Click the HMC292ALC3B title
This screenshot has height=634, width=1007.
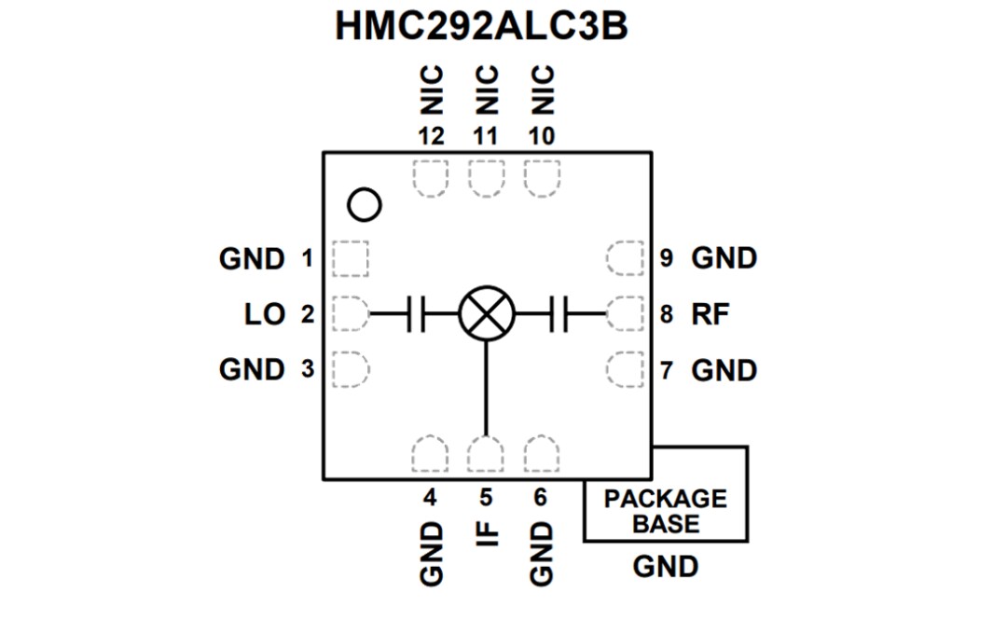[x=481, y=27]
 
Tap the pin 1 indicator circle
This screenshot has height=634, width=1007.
[x=365, y=205]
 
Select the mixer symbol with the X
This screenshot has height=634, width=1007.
[x=486, y=314]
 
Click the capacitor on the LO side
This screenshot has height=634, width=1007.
[x=417, y=314]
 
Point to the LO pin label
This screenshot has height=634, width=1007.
[x=264, y=315]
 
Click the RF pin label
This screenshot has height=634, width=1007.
[x=710, y=314]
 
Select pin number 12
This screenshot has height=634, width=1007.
[x=431, y=136]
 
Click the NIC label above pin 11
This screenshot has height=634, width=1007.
[x=487, y=89]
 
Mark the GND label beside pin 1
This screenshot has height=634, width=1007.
[x=252, y=259]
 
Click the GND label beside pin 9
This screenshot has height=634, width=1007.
[x=724, y=258]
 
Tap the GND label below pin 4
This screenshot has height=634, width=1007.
[x=431, y=554]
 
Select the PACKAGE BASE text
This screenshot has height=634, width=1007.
[x=665, y=511]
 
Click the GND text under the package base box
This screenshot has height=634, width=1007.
[x=665, y=566]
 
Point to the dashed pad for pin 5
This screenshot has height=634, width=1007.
[x=486, y=455]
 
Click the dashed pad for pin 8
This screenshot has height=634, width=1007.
[x=625, y=314]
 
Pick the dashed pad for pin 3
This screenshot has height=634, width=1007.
[x=350, y=369]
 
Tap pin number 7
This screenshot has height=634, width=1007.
[x=667, y=370]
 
